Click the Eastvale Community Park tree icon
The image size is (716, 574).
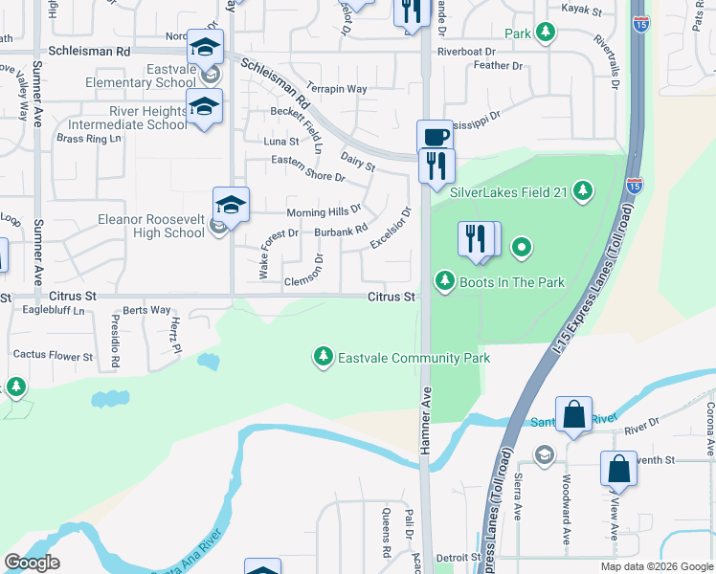pyautogui.click(x=324, y=358)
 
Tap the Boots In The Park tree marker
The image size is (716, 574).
pyautogui.click(x=444, y=281)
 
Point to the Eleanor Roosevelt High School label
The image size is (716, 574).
pyautogui.click(x=151, y=225)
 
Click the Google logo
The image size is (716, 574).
pyautogui.click(x=32, y=562)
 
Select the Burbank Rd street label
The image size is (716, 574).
pyautogui.click(x=341, y=231)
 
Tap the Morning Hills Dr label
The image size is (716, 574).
pyautogui.click(x=324, y=211)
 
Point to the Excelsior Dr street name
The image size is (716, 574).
pyautogui.click(x=391, y=228)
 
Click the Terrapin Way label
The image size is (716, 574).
pyautogui.click(x=337, y=88)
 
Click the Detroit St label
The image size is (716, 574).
pyautogui.click(x=457, y=557)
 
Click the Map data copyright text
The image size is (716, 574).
pyautogui.click(x=655, y=566)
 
